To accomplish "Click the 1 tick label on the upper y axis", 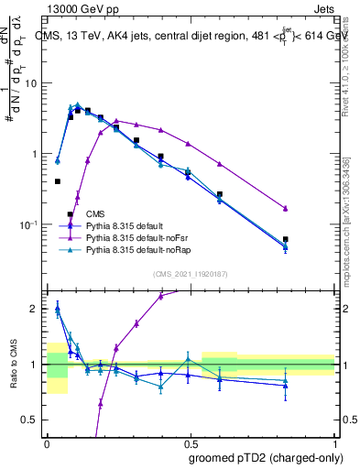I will pyautogui.click(x=36, y=154).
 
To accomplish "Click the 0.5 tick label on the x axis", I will pyautogui.click(x=191, y=443).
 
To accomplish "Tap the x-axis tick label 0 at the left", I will pyautogui.click(x=47, y=443).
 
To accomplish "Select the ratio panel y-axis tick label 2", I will pyautogui.click(x=36, y=309).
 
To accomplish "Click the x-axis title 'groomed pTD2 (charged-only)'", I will pyautogui.click(x=265, y=458).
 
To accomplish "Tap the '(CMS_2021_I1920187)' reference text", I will pyautogui.click(x=191, y=274).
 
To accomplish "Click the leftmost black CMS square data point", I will pyautogui.click(x=57, y=181).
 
